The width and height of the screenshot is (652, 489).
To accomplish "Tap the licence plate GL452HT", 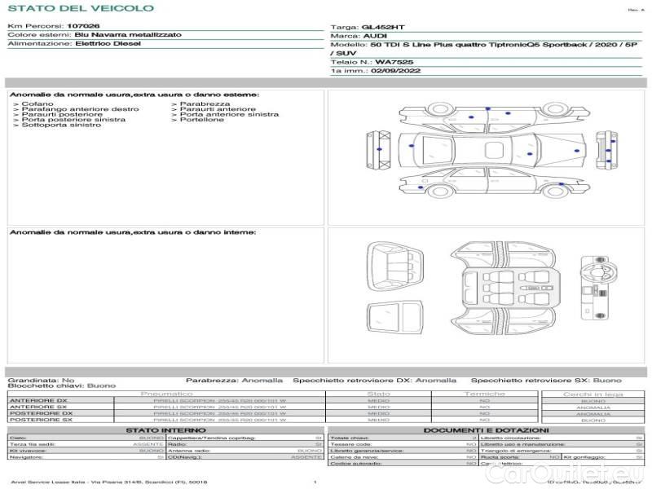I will click(382, 27).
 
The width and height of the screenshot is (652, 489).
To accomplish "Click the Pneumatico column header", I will click(166, 394).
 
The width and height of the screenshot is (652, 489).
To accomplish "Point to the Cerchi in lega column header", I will click(593, 394).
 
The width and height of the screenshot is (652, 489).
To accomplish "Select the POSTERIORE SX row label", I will click(40, 420).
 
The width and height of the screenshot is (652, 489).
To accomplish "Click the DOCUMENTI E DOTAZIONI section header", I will click(486, 430).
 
